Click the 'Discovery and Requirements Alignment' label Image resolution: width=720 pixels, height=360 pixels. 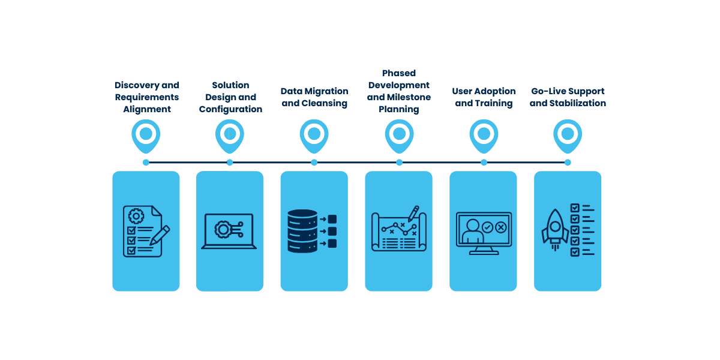coord(146,97)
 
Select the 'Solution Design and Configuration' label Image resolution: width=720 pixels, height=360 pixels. coord(230,97)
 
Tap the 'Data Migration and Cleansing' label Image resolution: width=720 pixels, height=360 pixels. coord(314,97)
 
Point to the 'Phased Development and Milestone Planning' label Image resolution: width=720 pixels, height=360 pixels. coord(398,91)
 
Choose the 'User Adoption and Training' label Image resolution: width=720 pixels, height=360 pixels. coord(484,97)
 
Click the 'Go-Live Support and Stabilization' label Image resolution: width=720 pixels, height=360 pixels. coord(568,97)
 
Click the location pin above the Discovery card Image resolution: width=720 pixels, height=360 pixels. coord(146,134)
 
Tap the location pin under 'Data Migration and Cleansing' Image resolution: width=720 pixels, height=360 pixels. coord(314,134)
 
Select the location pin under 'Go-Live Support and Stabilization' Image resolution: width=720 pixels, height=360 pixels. coord(568,134)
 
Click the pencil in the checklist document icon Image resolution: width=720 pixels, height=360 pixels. coord(160,235)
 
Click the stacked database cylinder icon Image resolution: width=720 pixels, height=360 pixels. coord(302,231)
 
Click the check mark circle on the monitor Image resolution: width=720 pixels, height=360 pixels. coord(487,227)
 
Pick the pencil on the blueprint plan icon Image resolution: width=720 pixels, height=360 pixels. coord(413,213)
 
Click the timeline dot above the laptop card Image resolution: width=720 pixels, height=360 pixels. coord(230,163)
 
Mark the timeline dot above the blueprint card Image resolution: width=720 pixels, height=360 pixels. coord(399,163)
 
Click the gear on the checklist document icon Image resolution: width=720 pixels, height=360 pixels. coord(136,216)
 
